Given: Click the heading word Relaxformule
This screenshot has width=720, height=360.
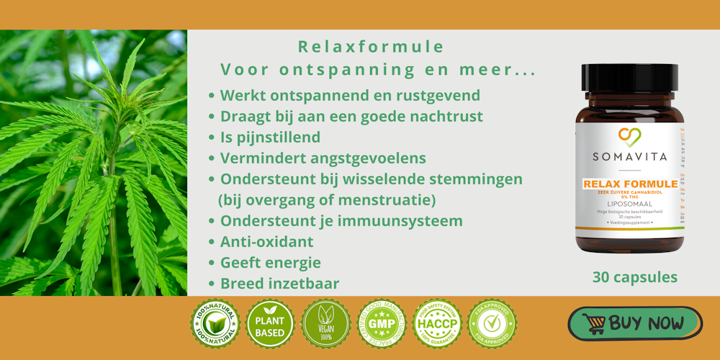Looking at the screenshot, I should point(371,48).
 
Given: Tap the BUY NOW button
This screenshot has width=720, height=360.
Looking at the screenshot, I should point(634,323).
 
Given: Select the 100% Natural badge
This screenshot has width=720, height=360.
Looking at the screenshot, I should point(215,324).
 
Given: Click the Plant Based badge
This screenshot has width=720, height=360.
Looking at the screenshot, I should point(270,324).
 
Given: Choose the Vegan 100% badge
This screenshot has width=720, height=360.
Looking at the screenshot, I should point(325,324).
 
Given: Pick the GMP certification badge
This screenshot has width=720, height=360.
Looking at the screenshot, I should point(382,324).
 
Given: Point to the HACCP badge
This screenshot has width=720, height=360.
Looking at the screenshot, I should point(437,324).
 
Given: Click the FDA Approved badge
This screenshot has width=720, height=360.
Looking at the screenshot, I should point(492,324).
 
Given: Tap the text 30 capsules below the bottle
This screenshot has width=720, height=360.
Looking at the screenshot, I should point(634,276).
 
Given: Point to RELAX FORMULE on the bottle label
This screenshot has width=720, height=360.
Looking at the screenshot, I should point(630,184).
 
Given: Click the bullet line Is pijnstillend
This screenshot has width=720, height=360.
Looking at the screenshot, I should point(270,137).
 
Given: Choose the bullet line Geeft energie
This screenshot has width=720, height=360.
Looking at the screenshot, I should point(270,263).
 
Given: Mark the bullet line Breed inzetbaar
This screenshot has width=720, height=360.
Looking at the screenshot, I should point(279,284).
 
